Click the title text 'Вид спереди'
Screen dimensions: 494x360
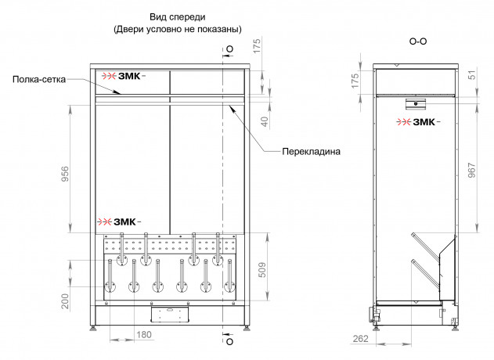coord(178,17)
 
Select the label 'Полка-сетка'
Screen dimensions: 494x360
coord(39,79)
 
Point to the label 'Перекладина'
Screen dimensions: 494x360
coord(311,152)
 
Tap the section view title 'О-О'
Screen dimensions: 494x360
coord(418,41)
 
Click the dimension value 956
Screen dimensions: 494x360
coord(65,175)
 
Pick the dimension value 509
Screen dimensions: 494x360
coord(262,270)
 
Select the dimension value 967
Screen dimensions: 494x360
coord(471,170)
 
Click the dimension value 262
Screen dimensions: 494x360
coord(361,339)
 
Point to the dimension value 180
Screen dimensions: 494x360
coord(144,334)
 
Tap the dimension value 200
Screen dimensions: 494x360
coord(65,301)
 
